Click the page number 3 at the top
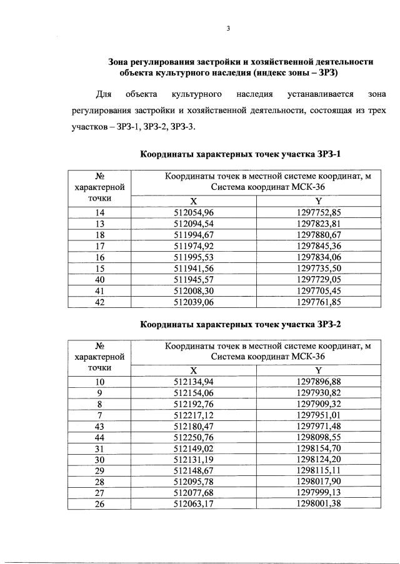click(229, 28)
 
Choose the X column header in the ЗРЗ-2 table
click(193, 370)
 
